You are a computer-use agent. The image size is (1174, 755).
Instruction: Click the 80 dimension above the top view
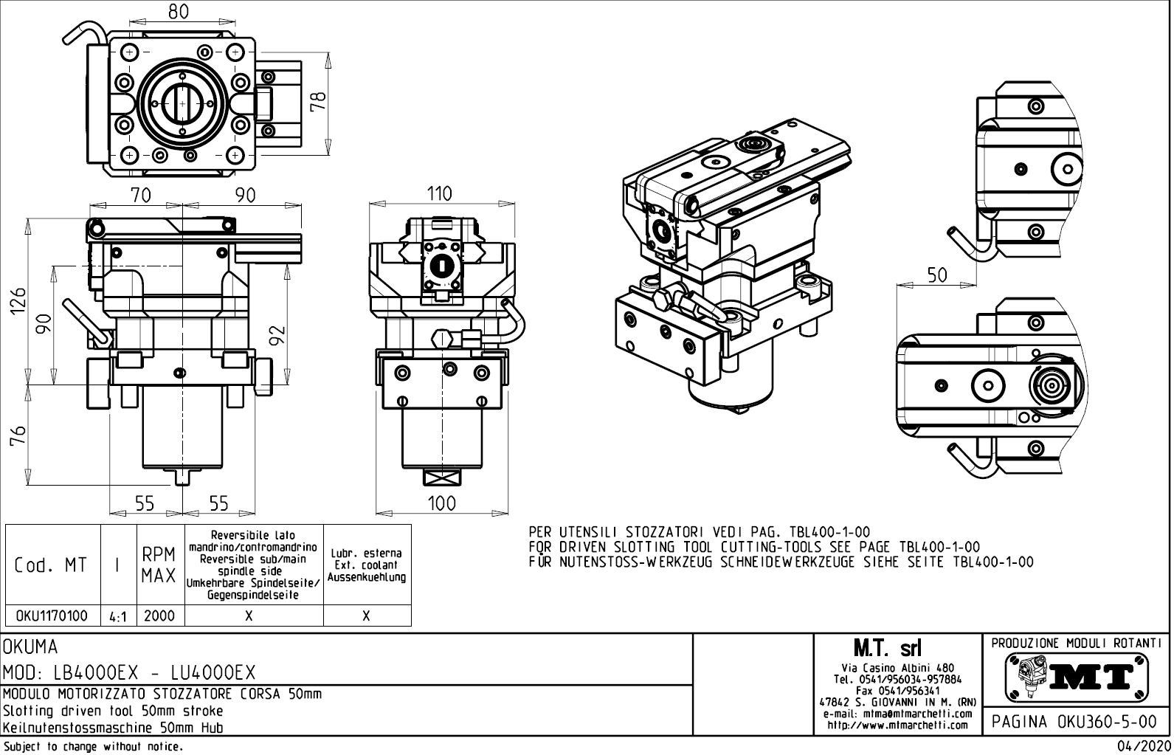point(178,11)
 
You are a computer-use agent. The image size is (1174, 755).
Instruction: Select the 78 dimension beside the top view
point(319,102)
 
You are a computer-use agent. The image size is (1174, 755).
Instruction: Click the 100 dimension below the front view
point(441,503)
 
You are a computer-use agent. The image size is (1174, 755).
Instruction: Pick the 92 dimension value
point(277,336)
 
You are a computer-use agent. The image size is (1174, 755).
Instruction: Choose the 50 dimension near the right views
point(936,275)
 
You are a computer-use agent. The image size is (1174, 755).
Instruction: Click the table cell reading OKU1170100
point(52,616)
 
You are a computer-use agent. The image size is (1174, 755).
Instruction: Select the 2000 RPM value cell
point(159,616)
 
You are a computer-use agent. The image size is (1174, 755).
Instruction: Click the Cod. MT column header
point(51,565)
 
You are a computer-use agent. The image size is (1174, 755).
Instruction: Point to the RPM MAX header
point(159,565)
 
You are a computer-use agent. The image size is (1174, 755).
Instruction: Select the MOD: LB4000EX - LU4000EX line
point(130,672)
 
